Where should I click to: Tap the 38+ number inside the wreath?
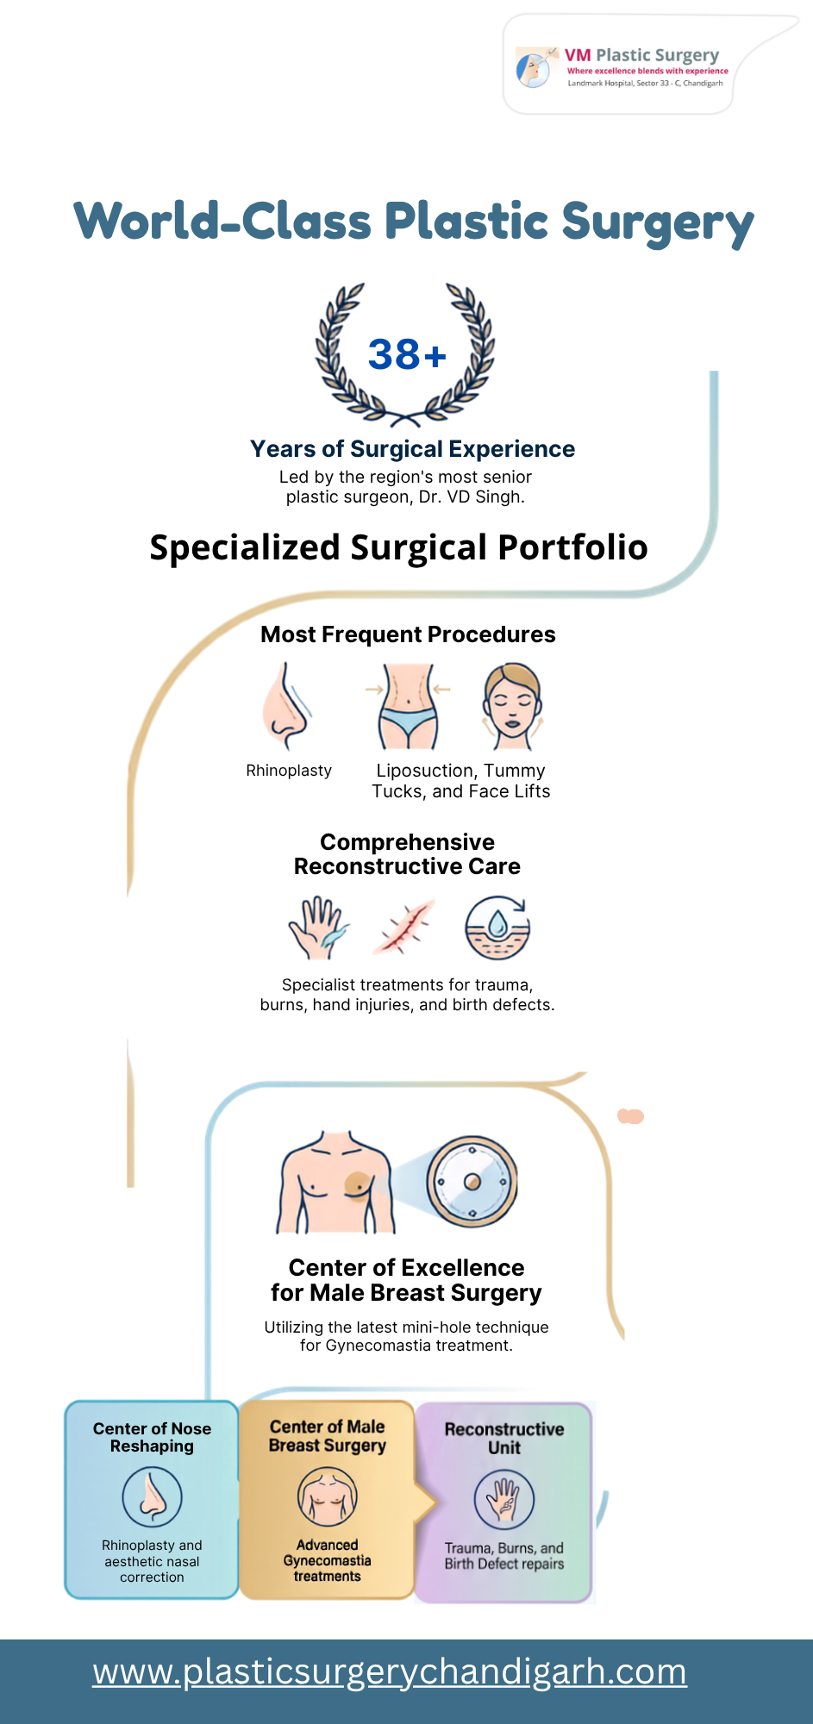pyautogui.click(x=407, y=354)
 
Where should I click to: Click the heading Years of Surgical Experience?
pyautogui.click(x=412, y=449)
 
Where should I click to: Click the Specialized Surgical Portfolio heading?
pyautogui.click(x=398, y=547)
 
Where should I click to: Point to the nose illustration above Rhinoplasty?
pyautogui.click(x=286, y=706)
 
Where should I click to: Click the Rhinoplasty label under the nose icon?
pyautogui.click(x=289, y=771)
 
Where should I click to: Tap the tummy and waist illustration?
pyautogui.click(x=408, y=706)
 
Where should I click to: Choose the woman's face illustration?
pyautogui.click(x=512, y=706)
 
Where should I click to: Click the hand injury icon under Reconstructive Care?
pyautogui.click(x=318, y=928)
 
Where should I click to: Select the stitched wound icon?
pyautogui.click(x=404, y=928)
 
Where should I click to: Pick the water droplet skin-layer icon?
pyautogui.click(x=497, y=928)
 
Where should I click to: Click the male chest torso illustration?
pyautogui.click(x=335, y=1182)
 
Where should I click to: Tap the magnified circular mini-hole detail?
pyautogui.click(x=472, y=1182)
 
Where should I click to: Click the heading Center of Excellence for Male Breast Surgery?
pyautogui.click(x=406, y=1280)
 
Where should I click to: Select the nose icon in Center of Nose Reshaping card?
pyautogui.click(x=152, y=1497)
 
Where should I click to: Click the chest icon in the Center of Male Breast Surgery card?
pyautogui.click(x=327, y=1497)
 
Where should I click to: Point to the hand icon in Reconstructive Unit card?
pyautogui.click(x=504, y=1500)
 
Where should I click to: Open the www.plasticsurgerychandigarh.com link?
pyautogui.click(x=390, y=1672)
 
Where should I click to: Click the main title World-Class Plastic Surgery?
pyautogui.click(x=414, y=222)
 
